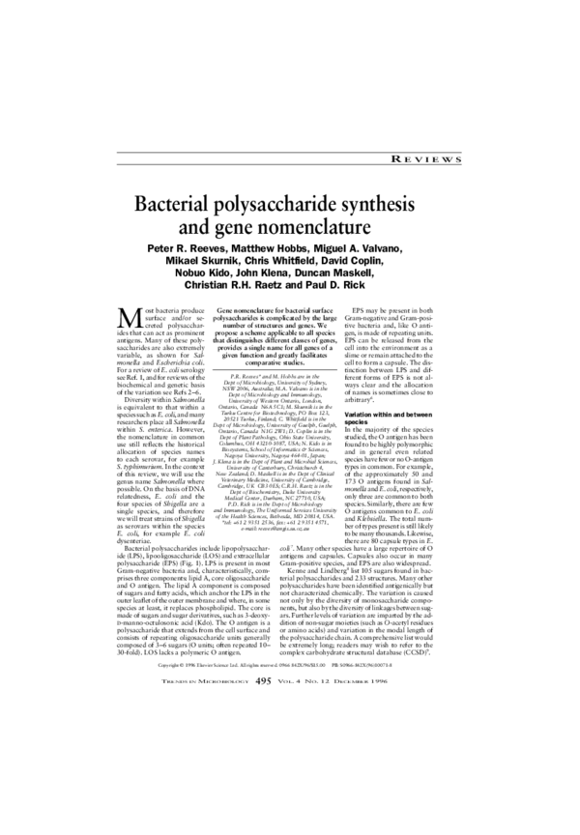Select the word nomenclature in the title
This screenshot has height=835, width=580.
point(329,230)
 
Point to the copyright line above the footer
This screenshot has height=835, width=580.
point(290,745)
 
